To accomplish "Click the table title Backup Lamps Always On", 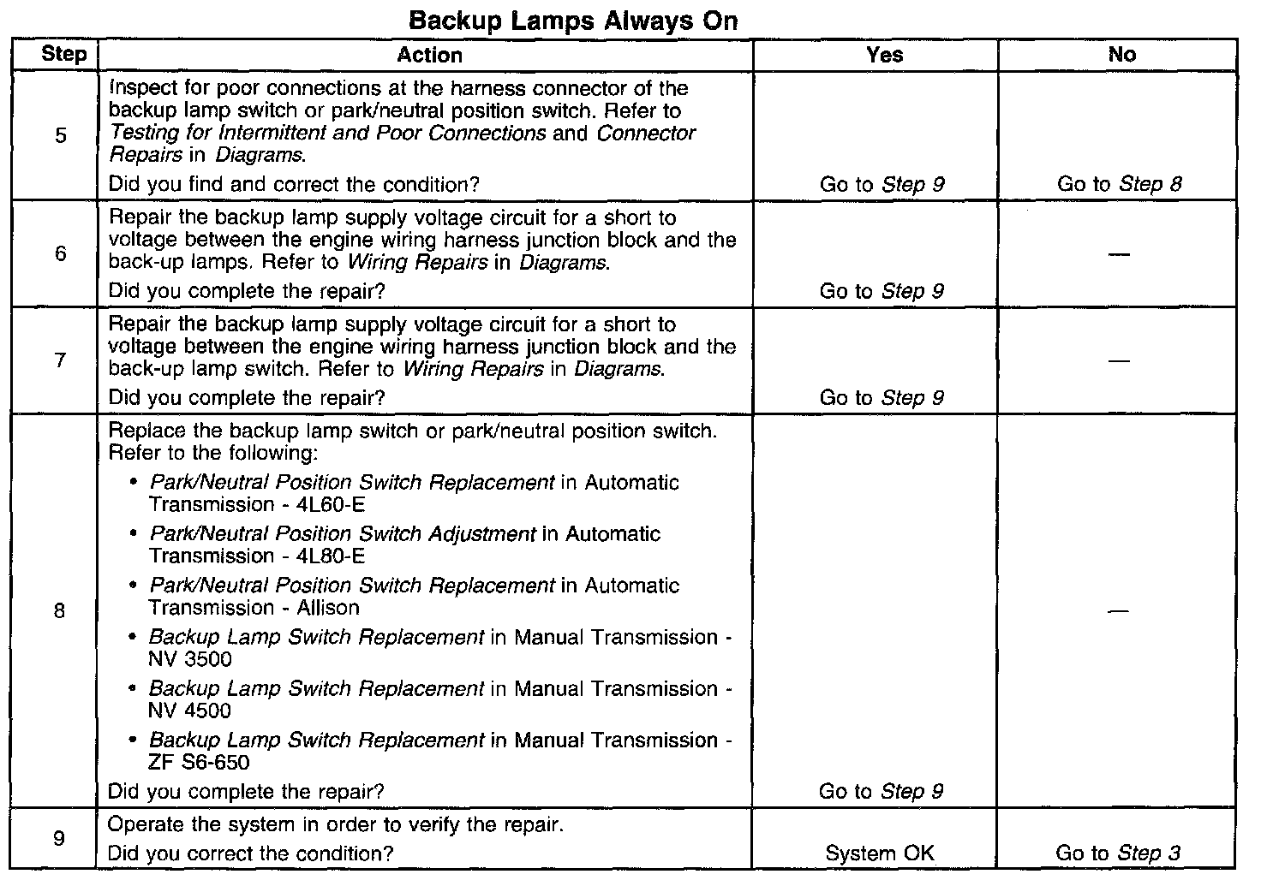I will [573, 21].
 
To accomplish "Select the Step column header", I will [63, 55].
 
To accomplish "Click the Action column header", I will [429, 55].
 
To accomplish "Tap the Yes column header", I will [884, 55].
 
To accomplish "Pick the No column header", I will [1121, 55].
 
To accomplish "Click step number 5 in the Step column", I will [61, 135].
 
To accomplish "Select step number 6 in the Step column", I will [61, 253].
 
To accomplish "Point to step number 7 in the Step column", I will [61, 360].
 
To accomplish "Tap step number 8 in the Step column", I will [59, 611].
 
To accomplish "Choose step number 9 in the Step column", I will [59, 838].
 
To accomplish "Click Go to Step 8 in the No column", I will [1119, 184].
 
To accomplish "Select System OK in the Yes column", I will [880, 853].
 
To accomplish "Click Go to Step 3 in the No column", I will [1118, 853].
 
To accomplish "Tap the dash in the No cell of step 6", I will [1119, 254].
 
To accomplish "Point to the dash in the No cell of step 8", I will [1119, 611].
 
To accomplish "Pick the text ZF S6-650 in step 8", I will [200, 762].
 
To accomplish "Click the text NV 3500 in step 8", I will [190, 659].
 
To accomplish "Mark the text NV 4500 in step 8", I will [190, 711].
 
